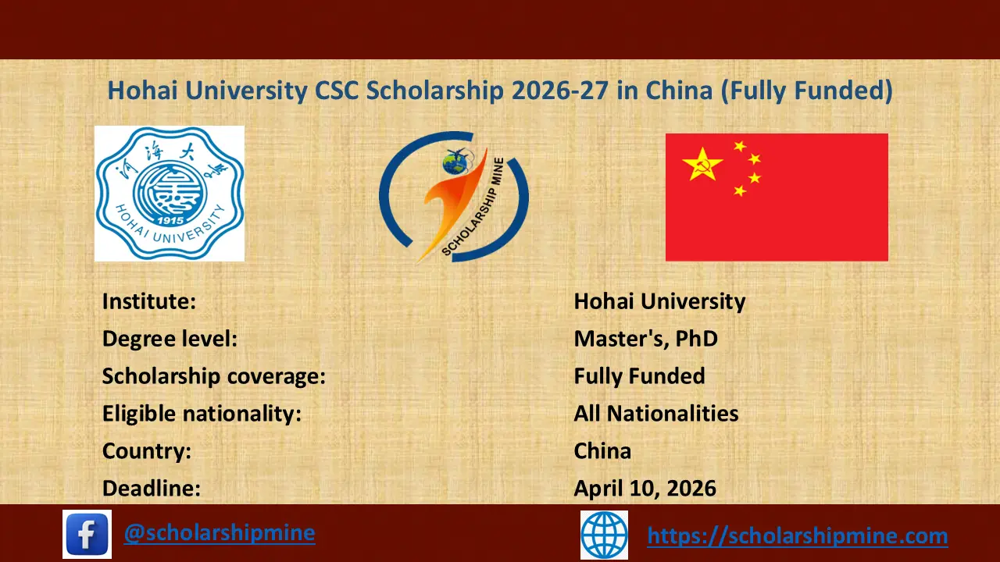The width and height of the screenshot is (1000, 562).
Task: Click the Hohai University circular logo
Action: [169, 193]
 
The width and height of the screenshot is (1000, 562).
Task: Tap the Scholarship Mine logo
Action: [454, 196]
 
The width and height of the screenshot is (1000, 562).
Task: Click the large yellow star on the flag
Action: [702, 164]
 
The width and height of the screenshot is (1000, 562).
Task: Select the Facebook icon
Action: [87, 535]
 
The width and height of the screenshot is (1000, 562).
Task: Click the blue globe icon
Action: [604, 535]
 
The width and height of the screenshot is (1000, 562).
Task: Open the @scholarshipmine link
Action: [220, 533]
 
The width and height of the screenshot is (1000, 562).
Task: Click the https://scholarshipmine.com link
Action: [798, 536]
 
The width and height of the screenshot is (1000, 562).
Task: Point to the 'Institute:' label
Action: [149, 301]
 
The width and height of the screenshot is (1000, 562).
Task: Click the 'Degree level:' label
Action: [170, 339]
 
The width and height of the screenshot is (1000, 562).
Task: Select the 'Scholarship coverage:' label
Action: [213, 376]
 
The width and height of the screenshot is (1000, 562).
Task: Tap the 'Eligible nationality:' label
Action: [202, 414]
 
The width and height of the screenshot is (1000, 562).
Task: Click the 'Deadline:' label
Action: [152, 489]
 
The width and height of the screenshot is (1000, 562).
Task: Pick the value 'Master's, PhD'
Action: [645, 339]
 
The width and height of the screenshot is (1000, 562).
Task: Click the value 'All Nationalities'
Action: [655, 414]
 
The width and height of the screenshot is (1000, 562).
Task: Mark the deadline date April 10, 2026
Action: [645, 489]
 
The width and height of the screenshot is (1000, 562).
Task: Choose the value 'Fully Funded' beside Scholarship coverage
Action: [639, 376]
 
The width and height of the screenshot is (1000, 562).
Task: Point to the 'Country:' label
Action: [147, 451]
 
